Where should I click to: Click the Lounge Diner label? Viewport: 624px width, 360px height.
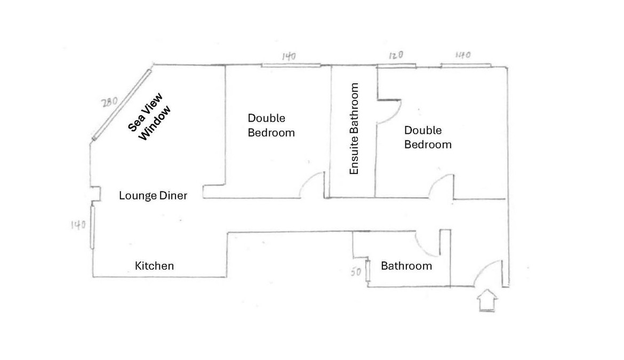tap(153, 195)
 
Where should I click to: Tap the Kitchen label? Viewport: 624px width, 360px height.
tap(155, 266)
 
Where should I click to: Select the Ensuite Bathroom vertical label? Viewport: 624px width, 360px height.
tap(354, 129)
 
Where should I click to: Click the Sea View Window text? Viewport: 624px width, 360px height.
tap(150, 117)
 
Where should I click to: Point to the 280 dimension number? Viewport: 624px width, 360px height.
tap(109, 102)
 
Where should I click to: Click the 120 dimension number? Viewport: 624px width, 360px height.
tap(396, 55)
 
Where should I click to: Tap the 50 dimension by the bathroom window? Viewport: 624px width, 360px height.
tap(356, 271)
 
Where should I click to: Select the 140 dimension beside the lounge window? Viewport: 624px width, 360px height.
tap(78, 225)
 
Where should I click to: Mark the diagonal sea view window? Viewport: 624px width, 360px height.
tap(122, 105)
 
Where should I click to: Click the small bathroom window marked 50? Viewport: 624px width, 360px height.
tap(367, 270)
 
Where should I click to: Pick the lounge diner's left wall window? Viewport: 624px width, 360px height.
tap(92, 227)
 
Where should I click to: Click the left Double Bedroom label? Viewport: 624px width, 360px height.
tap(271, 125)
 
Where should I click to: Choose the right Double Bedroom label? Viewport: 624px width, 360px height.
tap(428, 137)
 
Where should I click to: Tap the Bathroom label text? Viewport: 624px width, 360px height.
tap(406, 266)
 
